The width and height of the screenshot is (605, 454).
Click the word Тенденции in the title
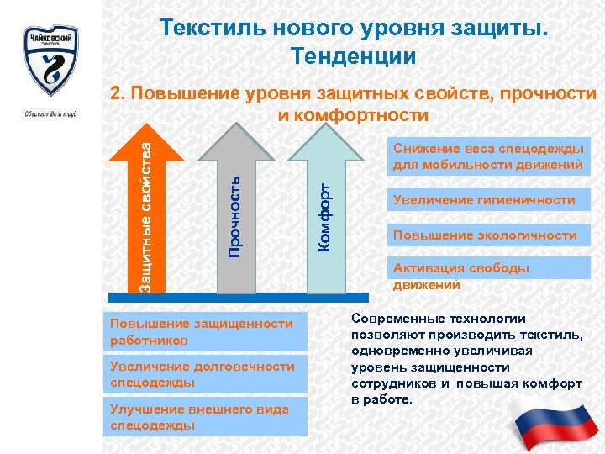tap(353, 57)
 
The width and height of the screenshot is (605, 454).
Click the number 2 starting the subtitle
tap(118, 95)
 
